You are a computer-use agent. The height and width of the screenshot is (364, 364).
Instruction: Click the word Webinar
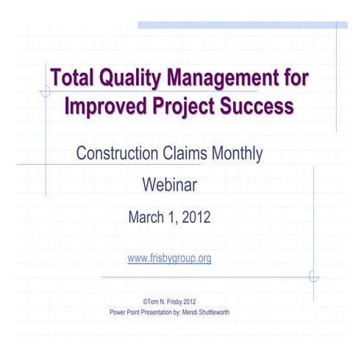click(x=169, y=185)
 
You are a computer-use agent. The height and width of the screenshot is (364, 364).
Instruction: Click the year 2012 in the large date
click(x=196, y=218)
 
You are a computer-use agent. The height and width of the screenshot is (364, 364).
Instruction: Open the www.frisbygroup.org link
click(x=169, y=259)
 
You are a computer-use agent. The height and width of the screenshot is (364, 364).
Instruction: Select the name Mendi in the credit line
click(x=188, y=312)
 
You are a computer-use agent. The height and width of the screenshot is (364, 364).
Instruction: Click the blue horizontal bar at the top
click(x=242, y=25)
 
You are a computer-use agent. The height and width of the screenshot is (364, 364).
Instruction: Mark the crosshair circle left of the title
click(x=46, y=92)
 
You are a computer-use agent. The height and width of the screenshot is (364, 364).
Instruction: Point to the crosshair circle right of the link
click(x=314, y=276)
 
